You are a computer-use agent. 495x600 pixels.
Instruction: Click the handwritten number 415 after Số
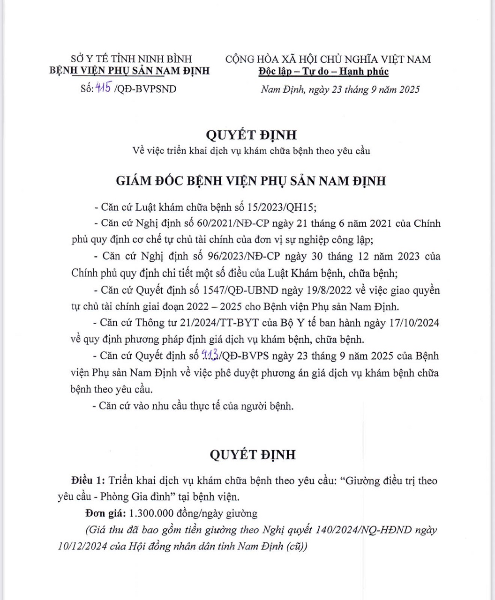(102, 88)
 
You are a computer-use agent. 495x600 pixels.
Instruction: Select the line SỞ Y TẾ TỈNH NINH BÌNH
(131, 59)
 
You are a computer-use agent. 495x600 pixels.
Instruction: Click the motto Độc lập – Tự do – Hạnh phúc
(323, 71)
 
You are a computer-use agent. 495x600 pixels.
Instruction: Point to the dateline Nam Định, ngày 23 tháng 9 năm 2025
(340, 89)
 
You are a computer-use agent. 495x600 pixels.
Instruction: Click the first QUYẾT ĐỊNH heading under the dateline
(252, 135)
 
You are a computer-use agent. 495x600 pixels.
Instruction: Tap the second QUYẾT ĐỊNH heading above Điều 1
(253, 454)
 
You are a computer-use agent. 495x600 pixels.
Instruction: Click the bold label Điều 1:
(88, 481)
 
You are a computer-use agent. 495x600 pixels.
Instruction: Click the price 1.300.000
(151, 513)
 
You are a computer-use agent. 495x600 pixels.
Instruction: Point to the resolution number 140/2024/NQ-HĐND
(366, 530)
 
